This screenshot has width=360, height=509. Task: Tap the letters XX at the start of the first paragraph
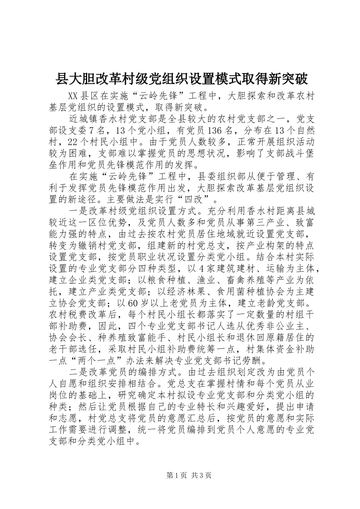[x=73, y=96]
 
